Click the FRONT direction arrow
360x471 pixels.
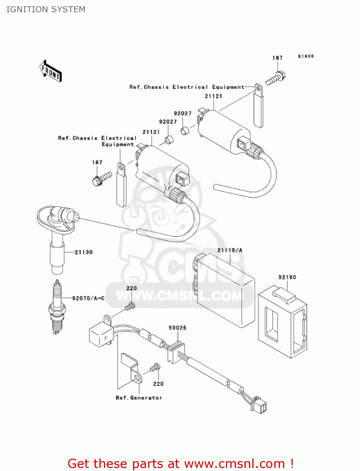click(51, 71)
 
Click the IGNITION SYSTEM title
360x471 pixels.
click(46, 9)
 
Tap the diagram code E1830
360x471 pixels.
click(306, 56)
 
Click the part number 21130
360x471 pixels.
click(83, 252)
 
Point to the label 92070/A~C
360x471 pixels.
click(88, 298)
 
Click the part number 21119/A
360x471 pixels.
click(230, 250)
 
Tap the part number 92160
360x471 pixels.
click(287, 277)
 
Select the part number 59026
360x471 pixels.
click(177, 328)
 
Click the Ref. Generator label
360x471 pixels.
click(139, 398)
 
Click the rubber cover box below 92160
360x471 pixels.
click(282, 322)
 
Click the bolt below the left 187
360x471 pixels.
click(102, 178)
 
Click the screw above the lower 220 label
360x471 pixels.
click(155, 367)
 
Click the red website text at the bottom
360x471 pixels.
click(180, 463)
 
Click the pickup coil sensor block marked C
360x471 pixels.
click(100, 335)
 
